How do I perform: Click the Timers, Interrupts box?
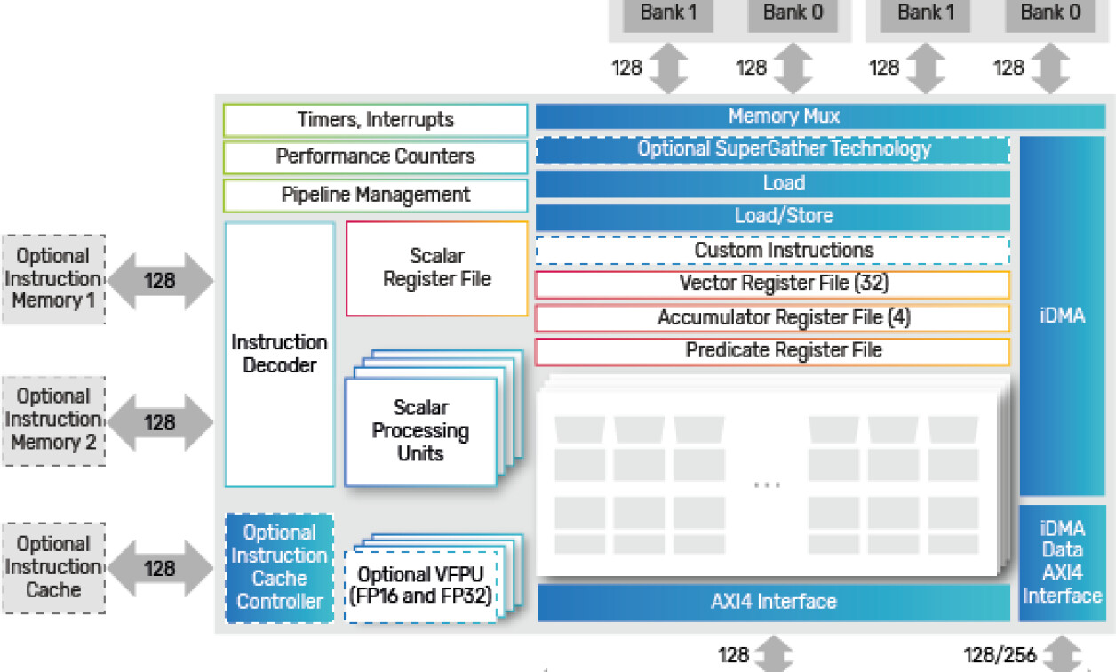(375, 120)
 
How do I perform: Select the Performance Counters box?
(375, 156)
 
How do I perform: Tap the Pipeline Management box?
(375, 195)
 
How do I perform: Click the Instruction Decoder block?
(279, 354)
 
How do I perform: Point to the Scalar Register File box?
(436, 268)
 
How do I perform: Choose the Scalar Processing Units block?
(420, 431)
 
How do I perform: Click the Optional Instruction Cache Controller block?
(279, 567)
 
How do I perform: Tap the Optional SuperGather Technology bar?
(772, 149)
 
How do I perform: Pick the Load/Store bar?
(772, 216)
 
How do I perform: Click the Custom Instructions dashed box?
(772, 251)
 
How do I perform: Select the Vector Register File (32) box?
(772, 284)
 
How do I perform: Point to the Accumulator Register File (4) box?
(772, 317)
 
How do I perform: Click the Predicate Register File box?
(772, 351)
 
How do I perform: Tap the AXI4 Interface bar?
(773, 602)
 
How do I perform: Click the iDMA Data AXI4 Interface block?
(1062, 562)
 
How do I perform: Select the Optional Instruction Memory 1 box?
(53, 279)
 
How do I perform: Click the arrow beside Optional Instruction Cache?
(160, 568)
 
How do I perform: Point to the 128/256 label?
(1000, 656)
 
